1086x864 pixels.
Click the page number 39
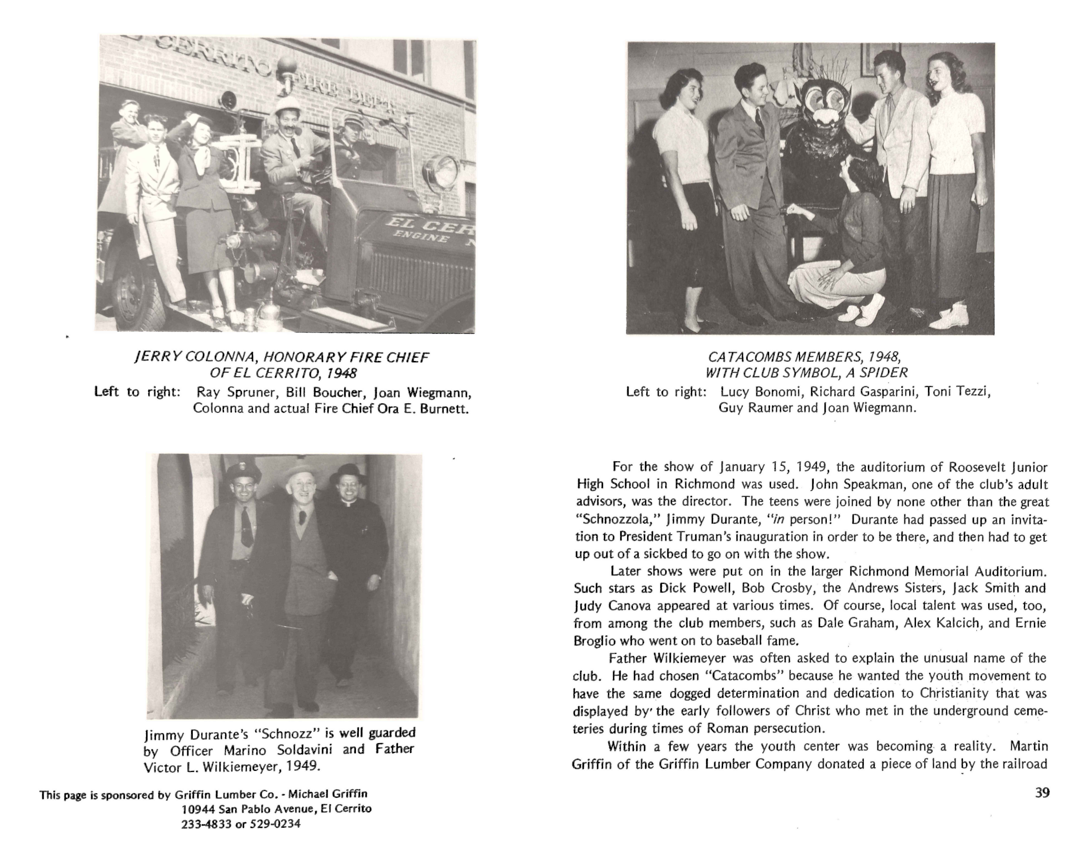pyautogui.click(x=1042, y=793)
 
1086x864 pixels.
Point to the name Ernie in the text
pyautogui.click(x=1030, y=623)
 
